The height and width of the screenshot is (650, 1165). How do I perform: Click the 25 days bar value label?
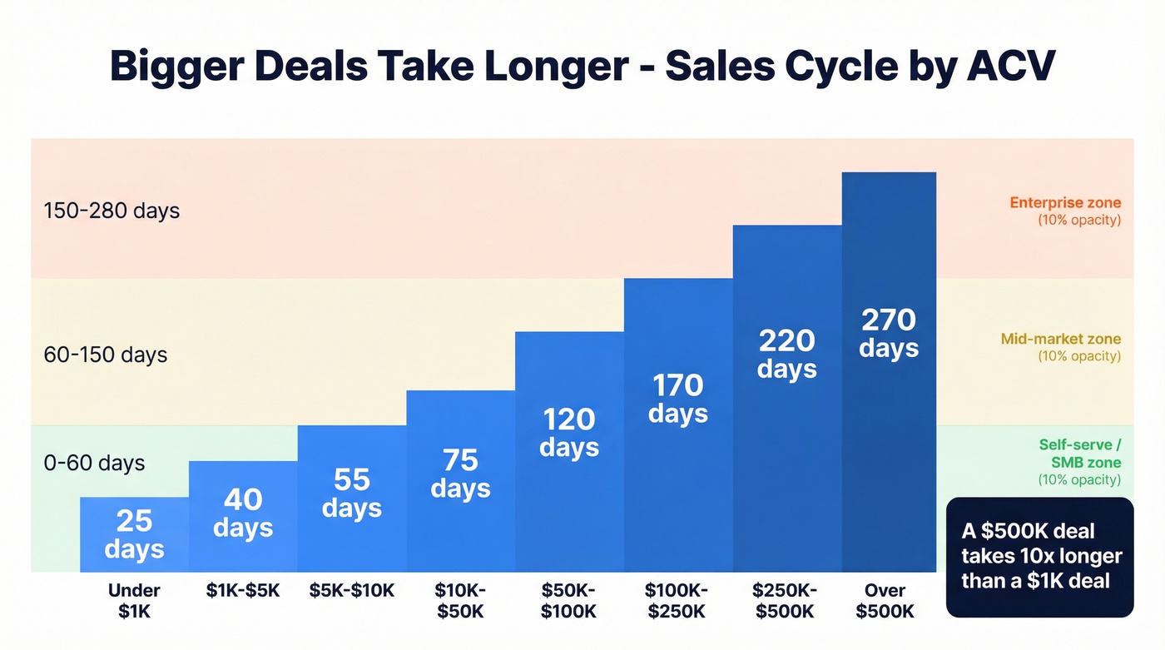pos(134,534)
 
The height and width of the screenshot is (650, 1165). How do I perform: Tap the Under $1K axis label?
pos(134,601)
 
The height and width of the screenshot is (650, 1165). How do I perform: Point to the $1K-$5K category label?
pos(243,591)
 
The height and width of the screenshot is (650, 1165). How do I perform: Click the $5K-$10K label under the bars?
pos(351,591)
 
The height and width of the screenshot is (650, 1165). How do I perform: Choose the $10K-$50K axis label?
pos(460,601)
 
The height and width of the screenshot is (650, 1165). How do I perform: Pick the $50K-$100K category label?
pos(569,601)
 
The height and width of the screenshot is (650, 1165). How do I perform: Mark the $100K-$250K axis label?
pos(677,601)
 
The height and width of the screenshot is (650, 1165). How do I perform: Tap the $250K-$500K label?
pos(786,601)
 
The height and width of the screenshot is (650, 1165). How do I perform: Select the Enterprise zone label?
pos(1065,202)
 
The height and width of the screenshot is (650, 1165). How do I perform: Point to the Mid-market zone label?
pos(1061,339)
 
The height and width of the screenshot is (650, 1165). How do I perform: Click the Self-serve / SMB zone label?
pos(1079,454)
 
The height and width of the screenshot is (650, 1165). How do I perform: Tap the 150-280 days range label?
pos(112,211)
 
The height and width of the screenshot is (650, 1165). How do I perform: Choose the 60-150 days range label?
pos(106,355)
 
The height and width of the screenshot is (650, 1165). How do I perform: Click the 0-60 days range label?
pos(94,463)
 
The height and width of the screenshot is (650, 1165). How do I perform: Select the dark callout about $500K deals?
pos(1040,556)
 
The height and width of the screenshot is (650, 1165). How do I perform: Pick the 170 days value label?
pos(677,399)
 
